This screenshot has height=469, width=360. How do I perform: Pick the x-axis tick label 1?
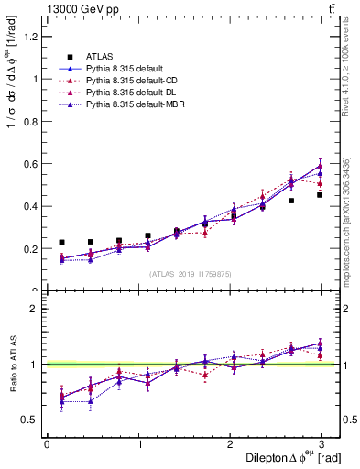tap(139, 444)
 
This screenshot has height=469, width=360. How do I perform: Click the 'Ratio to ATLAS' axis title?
tap(12, 364)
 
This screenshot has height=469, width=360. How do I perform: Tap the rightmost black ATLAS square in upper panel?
tap(320, 195)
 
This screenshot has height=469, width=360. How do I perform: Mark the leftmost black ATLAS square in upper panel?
tap(61, 243)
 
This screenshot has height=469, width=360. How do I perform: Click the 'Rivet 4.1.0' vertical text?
tap(346, 69)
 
